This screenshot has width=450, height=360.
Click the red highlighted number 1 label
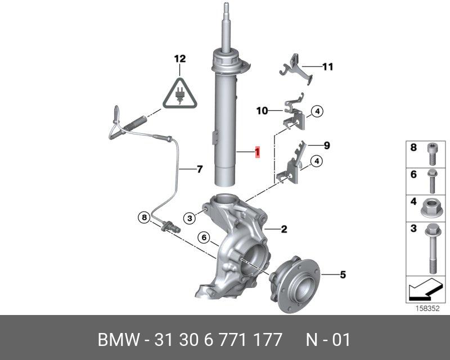point(258,151)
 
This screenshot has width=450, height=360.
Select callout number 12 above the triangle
point(180,59)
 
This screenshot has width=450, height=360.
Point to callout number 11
point(327,67)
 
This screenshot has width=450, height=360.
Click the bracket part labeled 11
point(296,68)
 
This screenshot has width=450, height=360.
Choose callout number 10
point(262,110)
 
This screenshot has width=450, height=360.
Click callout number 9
point(327,146)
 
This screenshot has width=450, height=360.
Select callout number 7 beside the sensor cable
point(200,169)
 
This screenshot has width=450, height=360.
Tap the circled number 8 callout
point(144,217)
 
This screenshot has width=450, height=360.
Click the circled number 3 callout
point(190,218)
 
